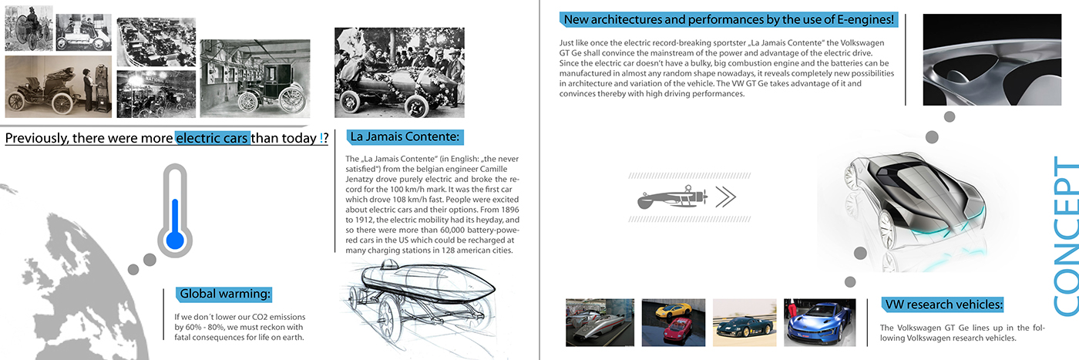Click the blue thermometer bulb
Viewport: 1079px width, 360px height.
[175, 240]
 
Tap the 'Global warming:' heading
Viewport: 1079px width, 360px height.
[224, 294]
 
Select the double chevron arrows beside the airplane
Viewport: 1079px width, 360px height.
[725, 198]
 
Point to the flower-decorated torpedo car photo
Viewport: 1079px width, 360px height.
[399, 72]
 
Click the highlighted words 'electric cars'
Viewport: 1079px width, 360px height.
[213, 139]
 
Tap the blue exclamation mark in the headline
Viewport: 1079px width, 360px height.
[321, 139]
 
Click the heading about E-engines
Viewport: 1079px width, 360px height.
[728, 19]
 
